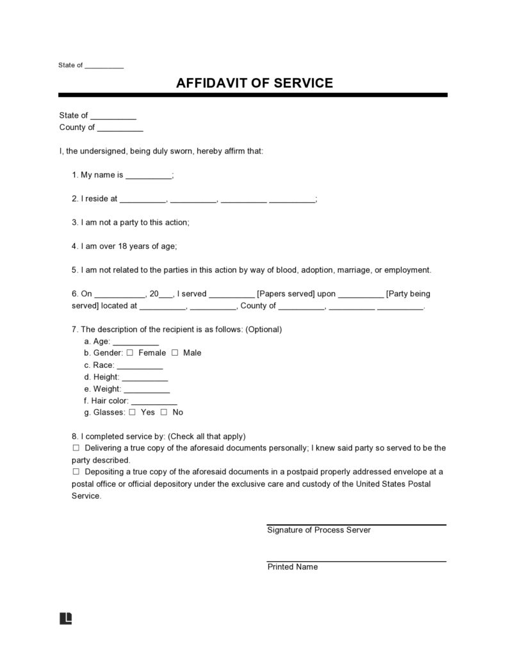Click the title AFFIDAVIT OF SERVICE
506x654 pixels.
click(x=254, y=83)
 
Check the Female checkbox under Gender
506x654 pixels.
click(x=130, y=353)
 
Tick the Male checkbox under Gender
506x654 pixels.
click(x=174, y=353)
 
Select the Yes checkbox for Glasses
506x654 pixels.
click(x=132, y=413)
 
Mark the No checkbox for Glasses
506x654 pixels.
click(x=164, y=413)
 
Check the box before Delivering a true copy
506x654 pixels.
click(x=76, y=448)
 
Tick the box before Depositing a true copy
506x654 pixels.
click(x=76, y=472)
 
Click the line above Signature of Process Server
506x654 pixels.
click(x=356, y=524)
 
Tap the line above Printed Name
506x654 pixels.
click(x=356, y=561)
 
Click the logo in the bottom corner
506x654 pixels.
click(x=65, y=618)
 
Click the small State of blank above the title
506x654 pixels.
click(x=104, y=66)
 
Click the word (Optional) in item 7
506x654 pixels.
click(x=263, y=330)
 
